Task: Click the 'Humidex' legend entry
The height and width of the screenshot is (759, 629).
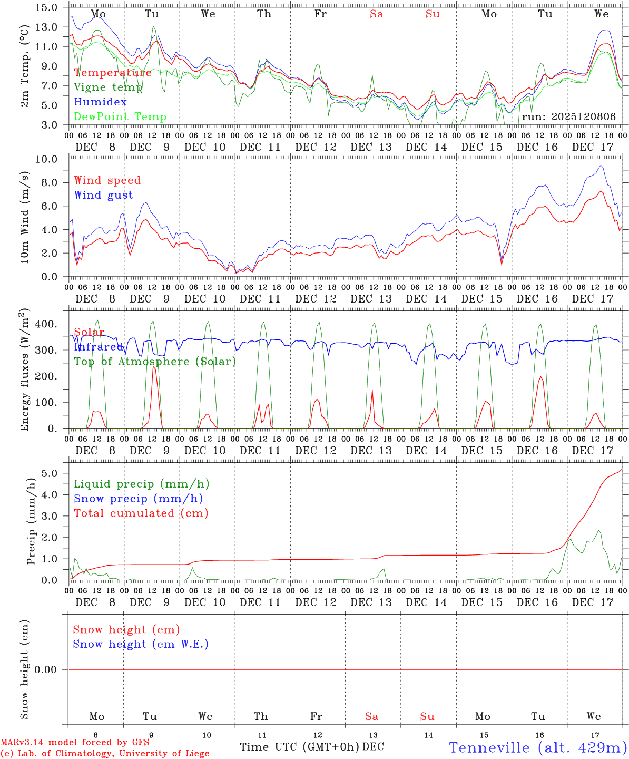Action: (100, 102)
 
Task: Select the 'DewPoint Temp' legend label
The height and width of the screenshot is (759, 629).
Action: (120, 117)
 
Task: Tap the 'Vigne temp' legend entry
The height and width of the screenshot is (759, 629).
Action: (108, 87)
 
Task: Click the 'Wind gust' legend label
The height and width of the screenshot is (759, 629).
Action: (103, 196)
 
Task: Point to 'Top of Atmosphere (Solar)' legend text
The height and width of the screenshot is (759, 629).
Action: (155, 362)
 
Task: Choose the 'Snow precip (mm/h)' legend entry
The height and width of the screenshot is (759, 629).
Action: (138, 499)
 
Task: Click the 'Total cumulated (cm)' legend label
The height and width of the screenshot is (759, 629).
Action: (141, 513)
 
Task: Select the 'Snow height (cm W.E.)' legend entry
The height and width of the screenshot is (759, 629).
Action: (141, 644)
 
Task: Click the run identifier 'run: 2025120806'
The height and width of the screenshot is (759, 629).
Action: (568, 117)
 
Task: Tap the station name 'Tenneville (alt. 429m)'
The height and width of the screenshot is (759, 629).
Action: (538, 747)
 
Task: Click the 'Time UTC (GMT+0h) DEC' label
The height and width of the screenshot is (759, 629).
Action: (312, 747)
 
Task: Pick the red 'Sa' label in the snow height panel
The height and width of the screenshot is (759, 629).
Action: (371, 716)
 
